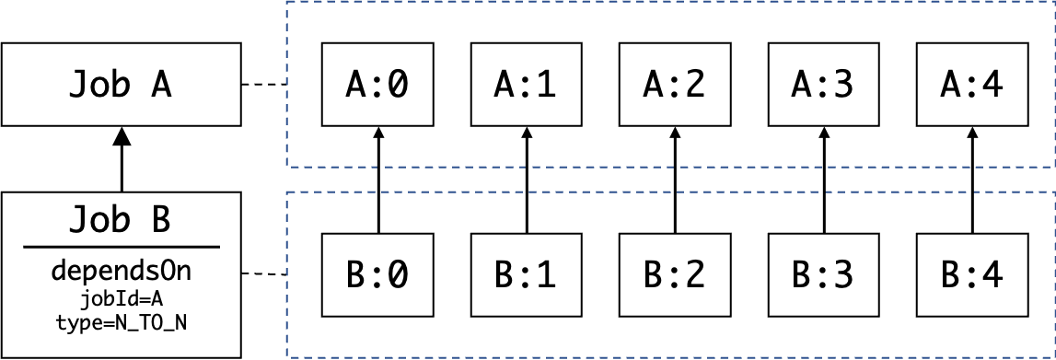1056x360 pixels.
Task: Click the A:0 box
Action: point(377,85)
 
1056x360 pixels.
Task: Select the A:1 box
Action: point(526,85)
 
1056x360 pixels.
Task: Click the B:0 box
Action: point(377,274)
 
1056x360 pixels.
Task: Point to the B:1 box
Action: point(526,274)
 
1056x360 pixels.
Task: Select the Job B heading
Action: point(121,221)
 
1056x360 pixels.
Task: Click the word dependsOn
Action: point(121,273)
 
